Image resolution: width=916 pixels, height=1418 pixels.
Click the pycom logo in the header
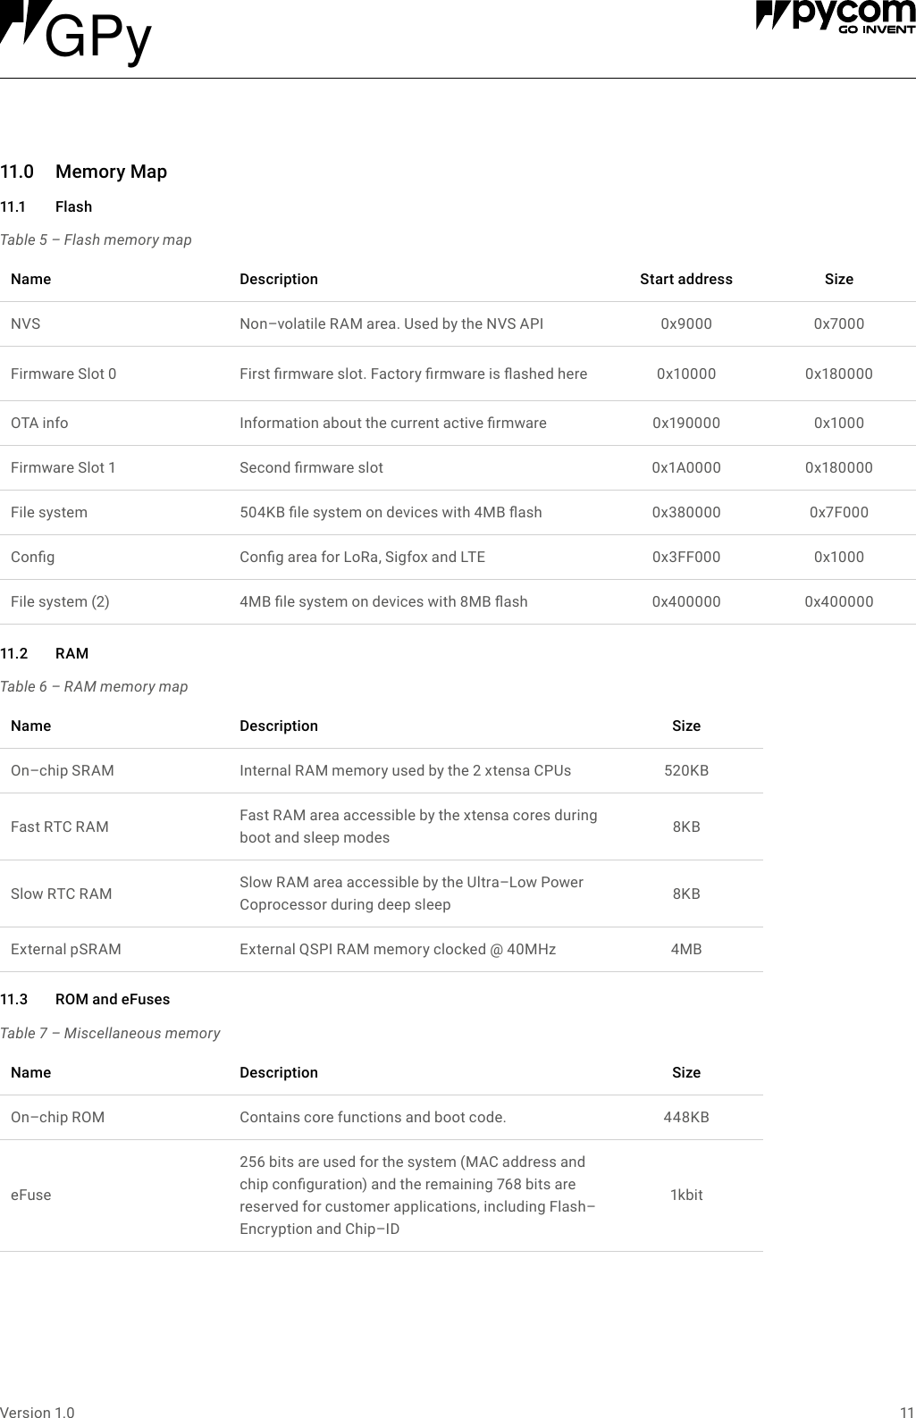835,16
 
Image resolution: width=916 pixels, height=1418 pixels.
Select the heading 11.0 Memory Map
83,172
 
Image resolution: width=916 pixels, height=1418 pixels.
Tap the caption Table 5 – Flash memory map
96,239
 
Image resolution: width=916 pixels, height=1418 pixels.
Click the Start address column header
685,279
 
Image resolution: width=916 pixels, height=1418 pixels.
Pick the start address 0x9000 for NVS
685,323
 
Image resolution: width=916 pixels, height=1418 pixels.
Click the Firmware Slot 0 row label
63,373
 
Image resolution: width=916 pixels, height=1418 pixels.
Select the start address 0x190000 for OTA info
685,423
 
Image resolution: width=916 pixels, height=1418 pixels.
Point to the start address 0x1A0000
685,467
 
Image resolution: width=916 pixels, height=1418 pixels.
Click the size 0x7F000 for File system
838,512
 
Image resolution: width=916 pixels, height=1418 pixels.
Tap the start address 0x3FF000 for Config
685,557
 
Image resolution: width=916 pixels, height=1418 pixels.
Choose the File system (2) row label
60,601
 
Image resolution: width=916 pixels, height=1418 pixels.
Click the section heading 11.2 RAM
45,653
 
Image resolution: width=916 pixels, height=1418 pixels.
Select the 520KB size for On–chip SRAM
685,770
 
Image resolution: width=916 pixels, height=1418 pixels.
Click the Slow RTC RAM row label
62,894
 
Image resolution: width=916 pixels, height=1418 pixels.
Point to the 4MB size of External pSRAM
685,949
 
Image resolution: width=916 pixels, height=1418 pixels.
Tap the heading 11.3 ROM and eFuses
85,999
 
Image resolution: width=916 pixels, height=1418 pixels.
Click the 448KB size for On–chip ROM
685,1117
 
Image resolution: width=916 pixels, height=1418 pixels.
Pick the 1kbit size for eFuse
685,1195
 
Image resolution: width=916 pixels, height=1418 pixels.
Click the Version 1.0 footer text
38,1412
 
